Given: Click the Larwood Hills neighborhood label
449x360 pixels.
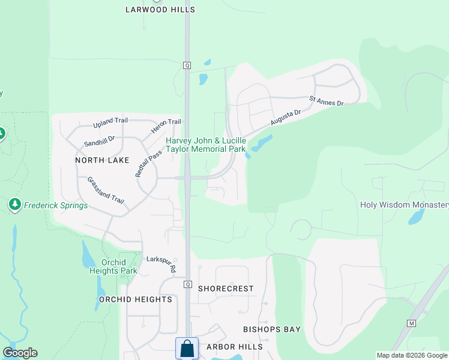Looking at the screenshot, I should (160, 10).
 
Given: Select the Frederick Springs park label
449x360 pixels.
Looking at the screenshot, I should (55, 205).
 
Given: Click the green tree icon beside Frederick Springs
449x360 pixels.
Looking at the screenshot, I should (15, 205).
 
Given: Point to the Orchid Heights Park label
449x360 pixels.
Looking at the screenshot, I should (119, 266).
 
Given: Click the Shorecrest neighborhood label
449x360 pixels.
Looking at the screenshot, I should (226, 289).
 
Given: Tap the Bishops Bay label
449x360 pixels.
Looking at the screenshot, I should (271, 329).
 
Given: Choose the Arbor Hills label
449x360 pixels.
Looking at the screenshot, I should (234, 347).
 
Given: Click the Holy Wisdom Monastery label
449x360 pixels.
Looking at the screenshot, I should (405, 205).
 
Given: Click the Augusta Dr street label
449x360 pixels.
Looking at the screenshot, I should (285, 117).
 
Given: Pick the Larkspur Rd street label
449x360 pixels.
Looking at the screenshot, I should (161, 265).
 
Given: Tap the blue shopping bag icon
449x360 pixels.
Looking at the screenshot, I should (187, 348).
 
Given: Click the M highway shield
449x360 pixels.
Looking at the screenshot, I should (411, 323).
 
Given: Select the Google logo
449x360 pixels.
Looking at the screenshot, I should (20, 353).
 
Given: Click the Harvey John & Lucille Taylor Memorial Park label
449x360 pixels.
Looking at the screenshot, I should (206, 145).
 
